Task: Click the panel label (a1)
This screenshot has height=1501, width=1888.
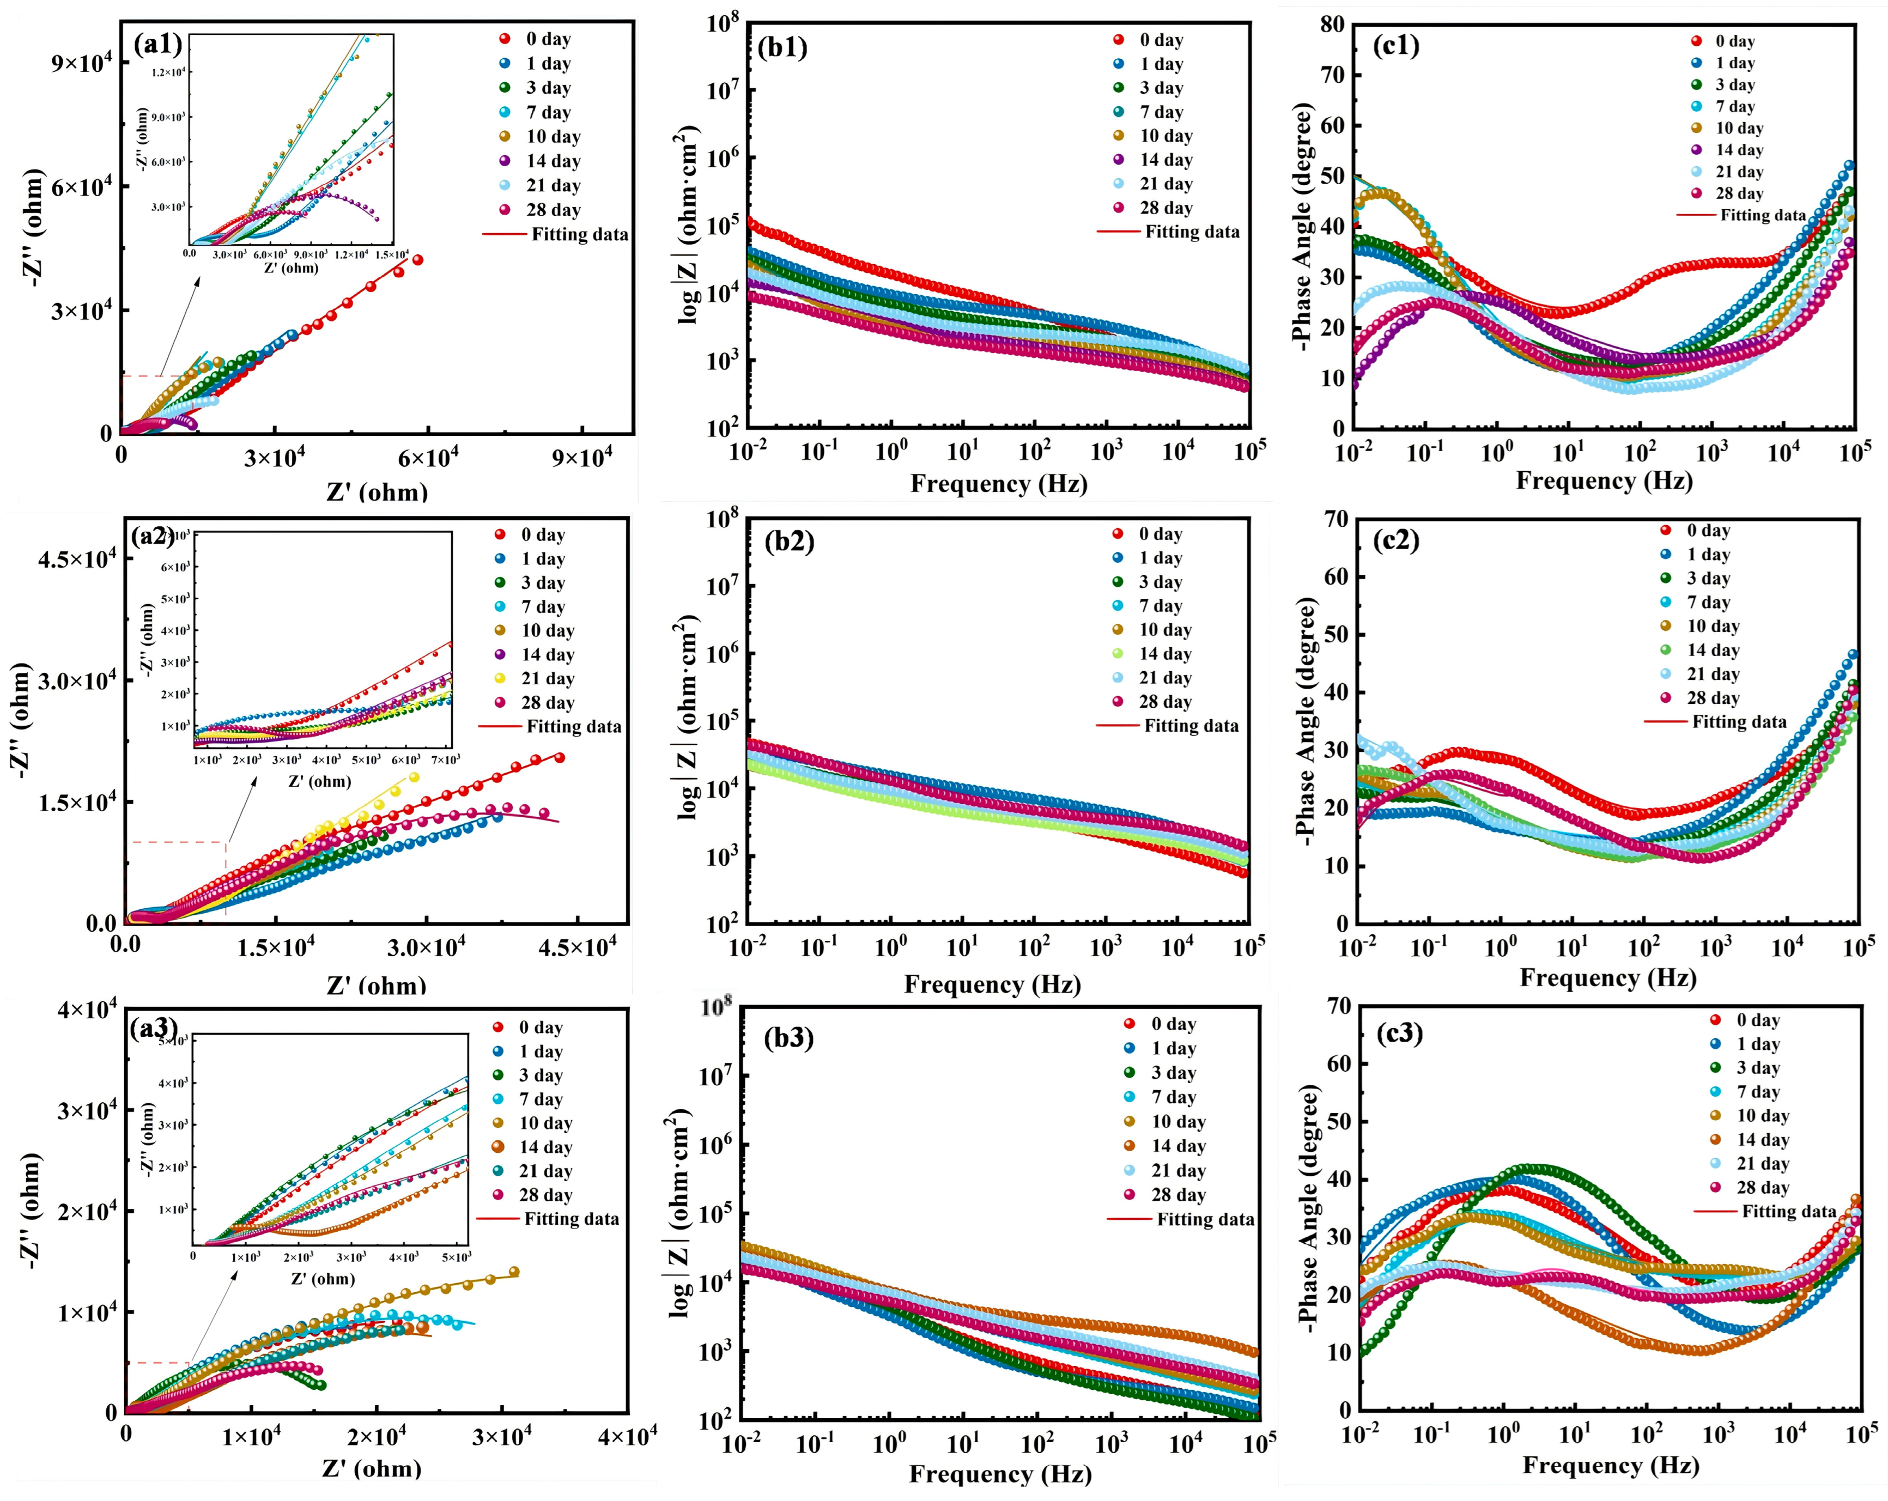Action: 157,43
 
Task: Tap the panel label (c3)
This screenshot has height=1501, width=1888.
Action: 1399,1034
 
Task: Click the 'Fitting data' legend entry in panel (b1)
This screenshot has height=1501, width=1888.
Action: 1191,232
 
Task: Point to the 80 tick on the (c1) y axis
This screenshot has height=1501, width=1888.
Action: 1332,25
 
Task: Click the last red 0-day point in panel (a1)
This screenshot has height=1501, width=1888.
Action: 418,259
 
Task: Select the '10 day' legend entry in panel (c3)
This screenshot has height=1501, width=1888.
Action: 1762,1116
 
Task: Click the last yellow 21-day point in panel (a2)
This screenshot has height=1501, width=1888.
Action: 414,777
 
